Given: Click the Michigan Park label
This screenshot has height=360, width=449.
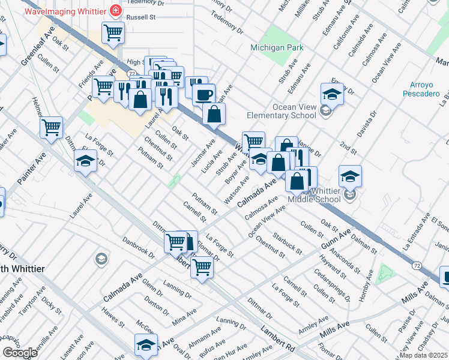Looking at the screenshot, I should click(277, 47).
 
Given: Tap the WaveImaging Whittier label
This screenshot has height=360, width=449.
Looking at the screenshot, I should click(62, 11).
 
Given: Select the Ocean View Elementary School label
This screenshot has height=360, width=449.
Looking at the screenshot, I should click(282, 111).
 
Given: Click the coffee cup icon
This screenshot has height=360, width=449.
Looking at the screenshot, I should click(203, 94).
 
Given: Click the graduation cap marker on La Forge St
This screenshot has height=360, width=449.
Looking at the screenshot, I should click(86, 160).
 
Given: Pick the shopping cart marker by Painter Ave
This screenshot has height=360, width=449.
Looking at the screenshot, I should click(52, 127).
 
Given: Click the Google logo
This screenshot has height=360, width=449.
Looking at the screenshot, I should click(20, 353).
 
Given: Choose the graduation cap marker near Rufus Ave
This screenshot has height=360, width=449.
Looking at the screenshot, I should click(145, 345).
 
